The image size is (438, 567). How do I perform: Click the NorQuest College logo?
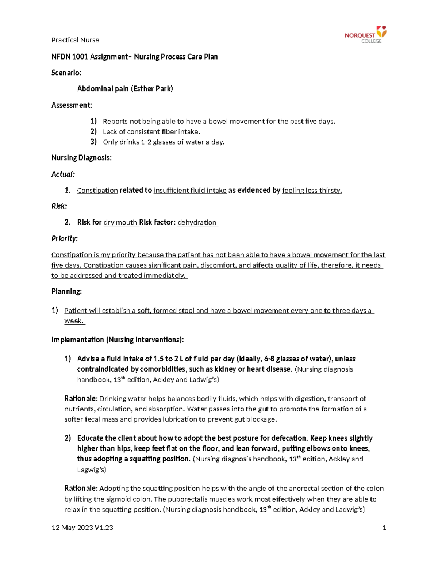coord(365,34)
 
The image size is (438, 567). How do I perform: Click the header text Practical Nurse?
coord(75,40)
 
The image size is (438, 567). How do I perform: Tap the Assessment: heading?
coord(72,105)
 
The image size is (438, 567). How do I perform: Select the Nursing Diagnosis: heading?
coord(81,158)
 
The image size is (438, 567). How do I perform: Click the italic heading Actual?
coord(63,174)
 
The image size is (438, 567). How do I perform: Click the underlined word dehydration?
coord(197,222)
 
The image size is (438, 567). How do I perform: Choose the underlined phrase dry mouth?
coord(120,222)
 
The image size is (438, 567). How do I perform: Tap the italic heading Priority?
coord(64,239)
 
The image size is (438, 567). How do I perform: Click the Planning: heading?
coord(66,291)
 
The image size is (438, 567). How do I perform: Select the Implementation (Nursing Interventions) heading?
coord(117,340)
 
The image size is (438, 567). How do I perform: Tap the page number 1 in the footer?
coord(384,528)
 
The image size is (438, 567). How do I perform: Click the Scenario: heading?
coord(66,73)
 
